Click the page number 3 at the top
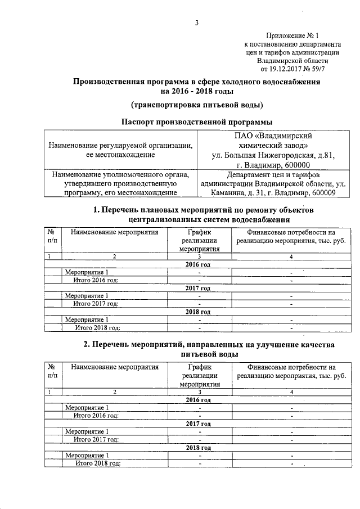197,23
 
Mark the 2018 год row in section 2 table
198,448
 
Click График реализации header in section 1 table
200,240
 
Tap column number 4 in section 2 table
291,391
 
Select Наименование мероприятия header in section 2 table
115,367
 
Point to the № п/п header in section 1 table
51,236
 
